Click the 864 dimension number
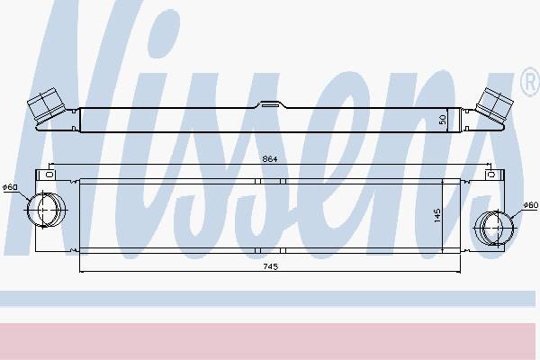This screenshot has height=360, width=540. point(270,159)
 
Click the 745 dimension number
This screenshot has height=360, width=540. point(270,266)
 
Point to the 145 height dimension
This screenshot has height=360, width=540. point(437,215)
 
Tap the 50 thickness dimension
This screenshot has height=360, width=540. point(443,120)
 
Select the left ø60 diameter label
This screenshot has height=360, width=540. point(10,187)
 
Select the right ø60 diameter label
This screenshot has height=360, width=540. point(531,205)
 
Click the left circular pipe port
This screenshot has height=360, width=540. point(46,210)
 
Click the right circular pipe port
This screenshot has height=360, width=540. point(494,228)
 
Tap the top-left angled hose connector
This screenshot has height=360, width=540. point(46,105)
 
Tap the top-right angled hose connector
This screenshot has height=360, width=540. point(494,104)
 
